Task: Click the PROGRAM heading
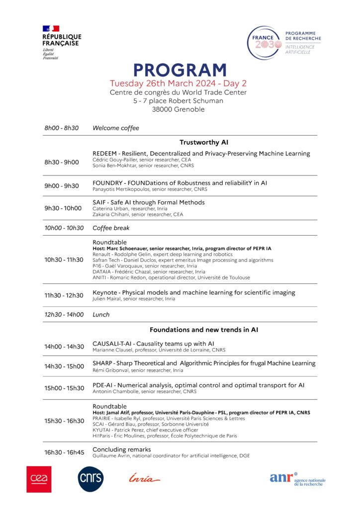pyautogui.click(x=180, y=70)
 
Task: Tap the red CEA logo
pyautogui.click(x=39, y=479)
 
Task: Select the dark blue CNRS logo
pyautogui.click(x=90, y=479)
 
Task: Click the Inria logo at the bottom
pyautogui.click(x=144, y=479)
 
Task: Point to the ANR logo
pyautogui.click(x=297, y=479)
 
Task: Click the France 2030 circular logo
pyautogui.click(x=264, y=43)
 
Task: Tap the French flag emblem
pyautogui.click(x=51, y=28)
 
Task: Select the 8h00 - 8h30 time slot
pyautogui.click(x=61, y=128)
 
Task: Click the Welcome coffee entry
pyautogui.click(x=116, y=128)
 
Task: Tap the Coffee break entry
pyautogui.click(x=111, y=228)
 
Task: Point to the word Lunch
pyautogui.click(x=101, y=314)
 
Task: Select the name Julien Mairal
pyautogui.click(x=107, y=299)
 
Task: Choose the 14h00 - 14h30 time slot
pyautogui.click(x=64, y=346)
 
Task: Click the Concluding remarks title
pyautogui.click(x=122, y=449)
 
